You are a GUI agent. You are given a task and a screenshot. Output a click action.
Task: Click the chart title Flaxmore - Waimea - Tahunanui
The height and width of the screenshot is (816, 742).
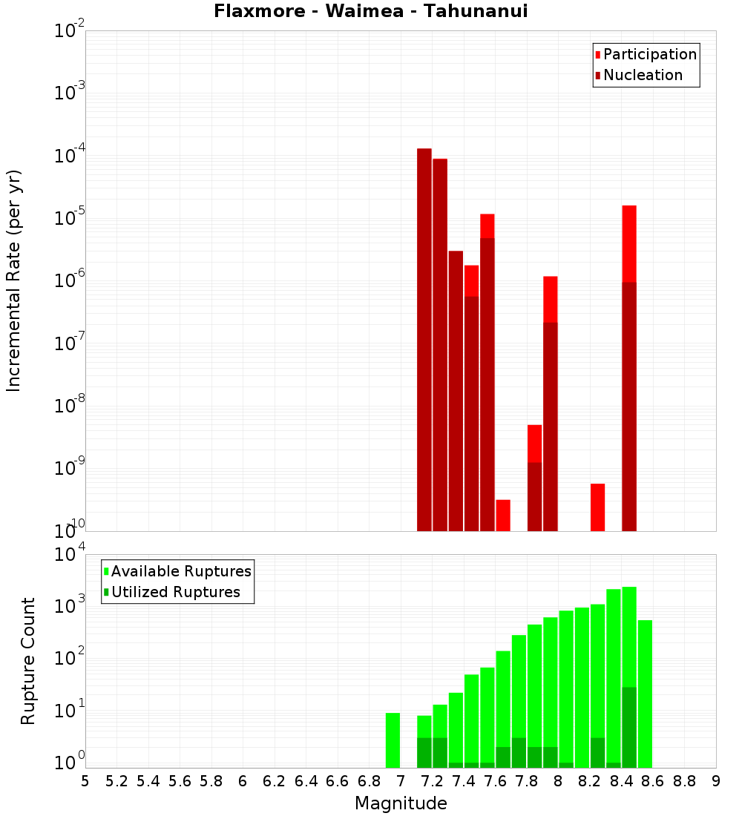(x=370, y=11)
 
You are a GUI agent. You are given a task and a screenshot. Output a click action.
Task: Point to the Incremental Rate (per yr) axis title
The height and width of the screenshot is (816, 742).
(x=14, y=281)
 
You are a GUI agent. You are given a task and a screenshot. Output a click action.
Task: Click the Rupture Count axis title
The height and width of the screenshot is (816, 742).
(x=28, y=661)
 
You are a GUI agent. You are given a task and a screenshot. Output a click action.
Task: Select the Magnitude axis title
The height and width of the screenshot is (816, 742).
(x=401, y=803)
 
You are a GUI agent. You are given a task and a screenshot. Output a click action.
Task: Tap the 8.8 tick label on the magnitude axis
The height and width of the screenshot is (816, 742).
(x=684, y=781)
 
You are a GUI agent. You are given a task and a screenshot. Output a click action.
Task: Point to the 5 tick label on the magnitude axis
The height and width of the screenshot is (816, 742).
(x=85, y=781)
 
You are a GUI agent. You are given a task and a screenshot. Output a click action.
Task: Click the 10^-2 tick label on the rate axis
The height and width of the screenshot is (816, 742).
(x=70, y=32)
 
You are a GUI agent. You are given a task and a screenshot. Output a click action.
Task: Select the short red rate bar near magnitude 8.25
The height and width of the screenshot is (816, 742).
(x=598, y=507)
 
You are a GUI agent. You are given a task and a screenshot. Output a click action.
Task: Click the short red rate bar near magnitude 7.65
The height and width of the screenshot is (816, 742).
(x=503, y=516)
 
